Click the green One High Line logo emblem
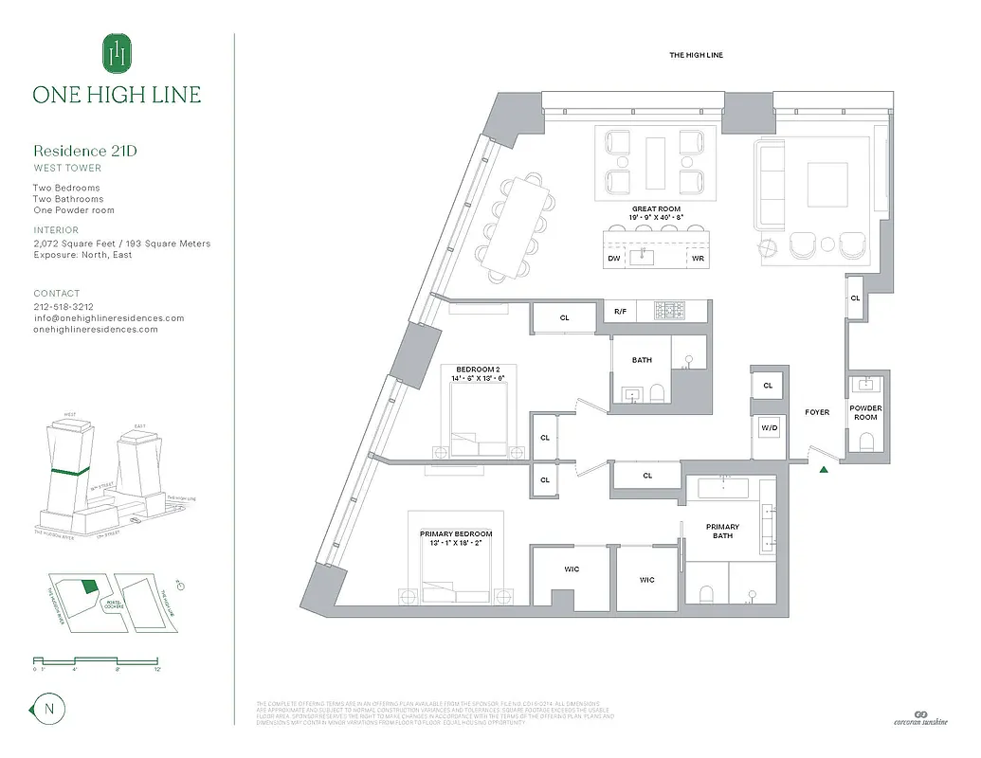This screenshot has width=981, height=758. pyautogui.click(x=117, y=53)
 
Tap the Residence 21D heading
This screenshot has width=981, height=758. pyautogui.click(x=92, y=151)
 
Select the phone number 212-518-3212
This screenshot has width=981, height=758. pyautogui.click(x=64, y=307)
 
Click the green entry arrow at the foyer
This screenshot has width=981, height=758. pyautogui.click(x=825, y=468)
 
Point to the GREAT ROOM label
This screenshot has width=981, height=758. pyautogui.click(x=656, y=209)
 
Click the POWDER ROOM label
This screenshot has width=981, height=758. pyautogui.click(x=865, y=412)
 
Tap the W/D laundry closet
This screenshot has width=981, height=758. pyautogui.click(x=768, y=428)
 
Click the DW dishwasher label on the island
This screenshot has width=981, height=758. pyautogui.click(x=614, y=258)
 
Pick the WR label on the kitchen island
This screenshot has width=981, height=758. pyautogui.click(x=698, y=258)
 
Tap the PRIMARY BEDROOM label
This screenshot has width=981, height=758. pyautogui.click(x=456, y=533)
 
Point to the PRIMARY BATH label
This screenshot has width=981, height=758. pyautogui.click(x=722, y=532)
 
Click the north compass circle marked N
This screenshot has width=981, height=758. pyautogui.click(x=47, y=708)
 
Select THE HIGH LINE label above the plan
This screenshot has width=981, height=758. pyautogui.click(x=696, y=56)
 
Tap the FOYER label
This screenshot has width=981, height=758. pyautogui.click(x=817, y=412)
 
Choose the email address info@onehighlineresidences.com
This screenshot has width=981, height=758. pyautogui.click(x=108, y=318)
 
